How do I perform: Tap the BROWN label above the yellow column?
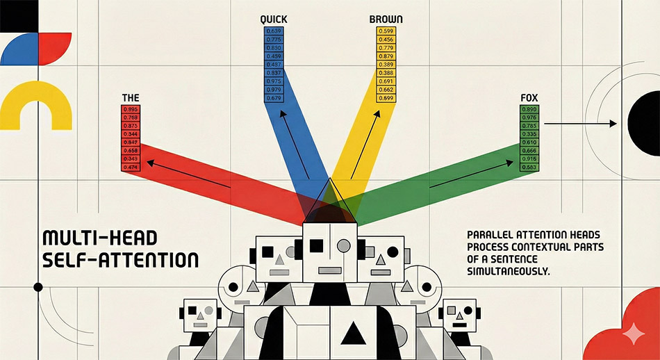386,19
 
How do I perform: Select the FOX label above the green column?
529,97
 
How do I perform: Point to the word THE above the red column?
130,98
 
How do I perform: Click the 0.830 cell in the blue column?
273,47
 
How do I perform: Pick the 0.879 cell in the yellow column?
386,56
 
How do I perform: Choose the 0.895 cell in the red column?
130,109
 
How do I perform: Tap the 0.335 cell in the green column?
529,133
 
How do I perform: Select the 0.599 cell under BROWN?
386,31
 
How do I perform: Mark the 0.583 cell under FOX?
529,167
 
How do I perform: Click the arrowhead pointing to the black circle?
613,124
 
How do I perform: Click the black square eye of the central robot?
316,244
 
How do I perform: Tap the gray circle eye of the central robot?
343,244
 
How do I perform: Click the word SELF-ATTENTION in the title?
120,261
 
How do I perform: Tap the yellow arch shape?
35,104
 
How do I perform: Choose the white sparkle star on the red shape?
633,334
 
